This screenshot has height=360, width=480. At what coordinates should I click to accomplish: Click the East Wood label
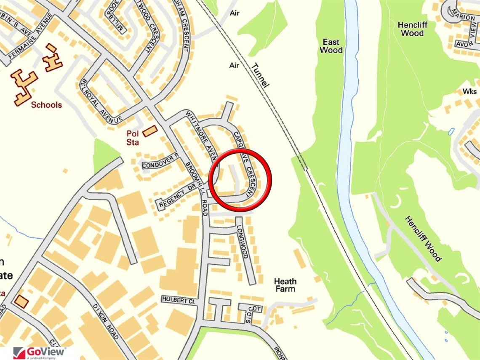pos(331,46)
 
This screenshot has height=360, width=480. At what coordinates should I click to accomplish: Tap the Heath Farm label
pos(285,285)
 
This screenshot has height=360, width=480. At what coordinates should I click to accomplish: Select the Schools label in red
pos(46,105)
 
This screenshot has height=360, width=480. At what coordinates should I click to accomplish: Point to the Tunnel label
pos(259,75)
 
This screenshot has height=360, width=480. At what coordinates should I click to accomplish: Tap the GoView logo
pos(40,352)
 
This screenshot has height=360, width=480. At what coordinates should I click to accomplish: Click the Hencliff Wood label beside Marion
pos(412,29)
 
